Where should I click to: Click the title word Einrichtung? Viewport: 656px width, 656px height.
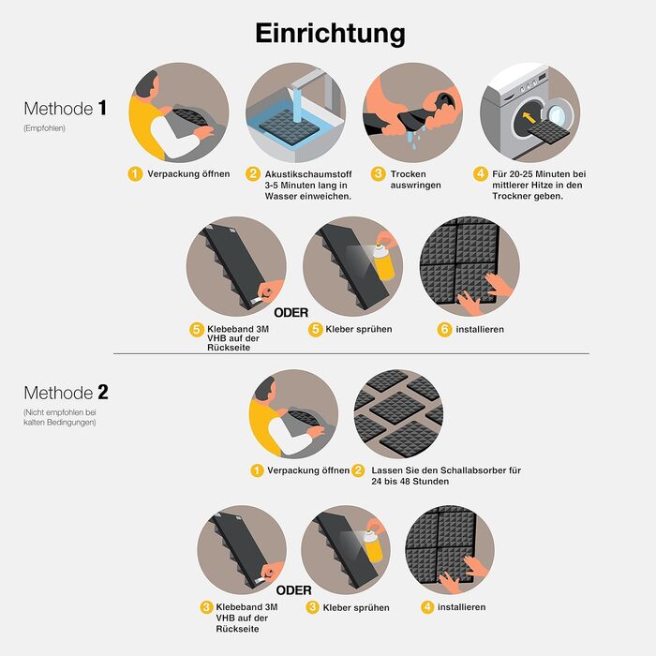pos(330,34)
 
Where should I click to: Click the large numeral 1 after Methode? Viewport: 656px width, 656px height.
pos(102,108)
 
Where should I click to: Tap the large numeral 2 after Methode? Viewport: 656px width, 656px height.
pos(103,392)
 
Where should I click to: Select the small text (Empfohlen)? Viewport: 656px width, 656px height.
pos(44,128)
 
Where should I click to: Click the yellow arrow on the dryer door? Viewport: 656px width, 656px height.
pos(529,117)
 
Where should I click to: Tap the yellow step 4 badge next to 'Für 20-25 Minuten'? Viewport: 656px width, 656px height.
pos(480,173)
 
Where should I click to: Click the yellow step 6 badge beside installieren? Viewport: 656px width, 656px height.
pos(445,329)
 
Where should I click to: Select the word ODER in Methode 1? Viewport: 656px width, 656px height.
pos(291,312)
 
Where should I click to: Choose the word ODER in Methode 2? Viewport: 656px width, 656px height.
pos(293,590)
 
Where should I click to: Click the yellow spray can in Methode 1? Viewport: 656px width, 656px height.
pos(384,261)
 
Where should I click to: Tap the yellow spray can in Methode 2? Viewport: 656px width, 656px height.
pos(373,546)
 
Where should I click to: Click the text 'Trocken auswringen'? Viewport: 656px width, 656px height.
pos(415,180)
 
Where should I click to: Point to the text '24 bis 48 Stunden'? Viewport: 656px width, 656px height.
pos(410,481)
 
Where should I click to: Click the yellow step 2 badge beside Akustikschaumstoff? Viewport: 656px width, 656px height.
pos(253,173)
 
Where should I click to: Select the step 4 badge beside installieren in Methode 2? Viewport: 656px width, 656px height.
pos(427,607)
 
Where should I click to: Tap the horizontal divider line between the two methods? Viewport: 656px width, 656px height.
pos(351,353)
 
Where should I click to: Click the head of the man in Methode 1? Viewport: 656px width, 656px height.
pos(147,85)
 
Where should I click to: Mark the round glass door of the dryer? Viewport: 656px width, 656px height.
pos(559,113)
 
